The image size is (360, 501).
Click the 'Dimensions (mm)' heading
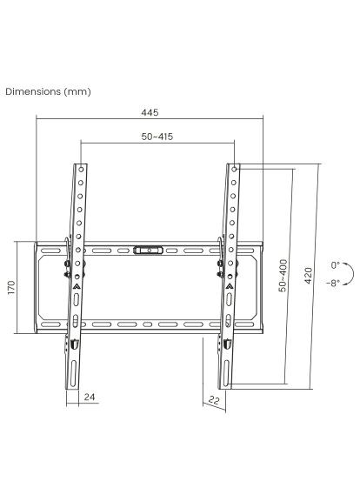click(48, 90)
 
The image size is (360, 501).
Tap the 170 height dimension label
click(11, 288)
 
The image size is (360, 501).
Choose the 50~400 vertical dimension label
click(282, 275)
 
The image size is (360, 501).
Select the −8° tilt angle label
click(334, 284)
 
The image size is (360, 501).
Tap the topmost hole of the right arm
click(233, 170)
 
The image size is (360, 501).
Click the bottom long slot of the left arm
click(73, 370)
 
